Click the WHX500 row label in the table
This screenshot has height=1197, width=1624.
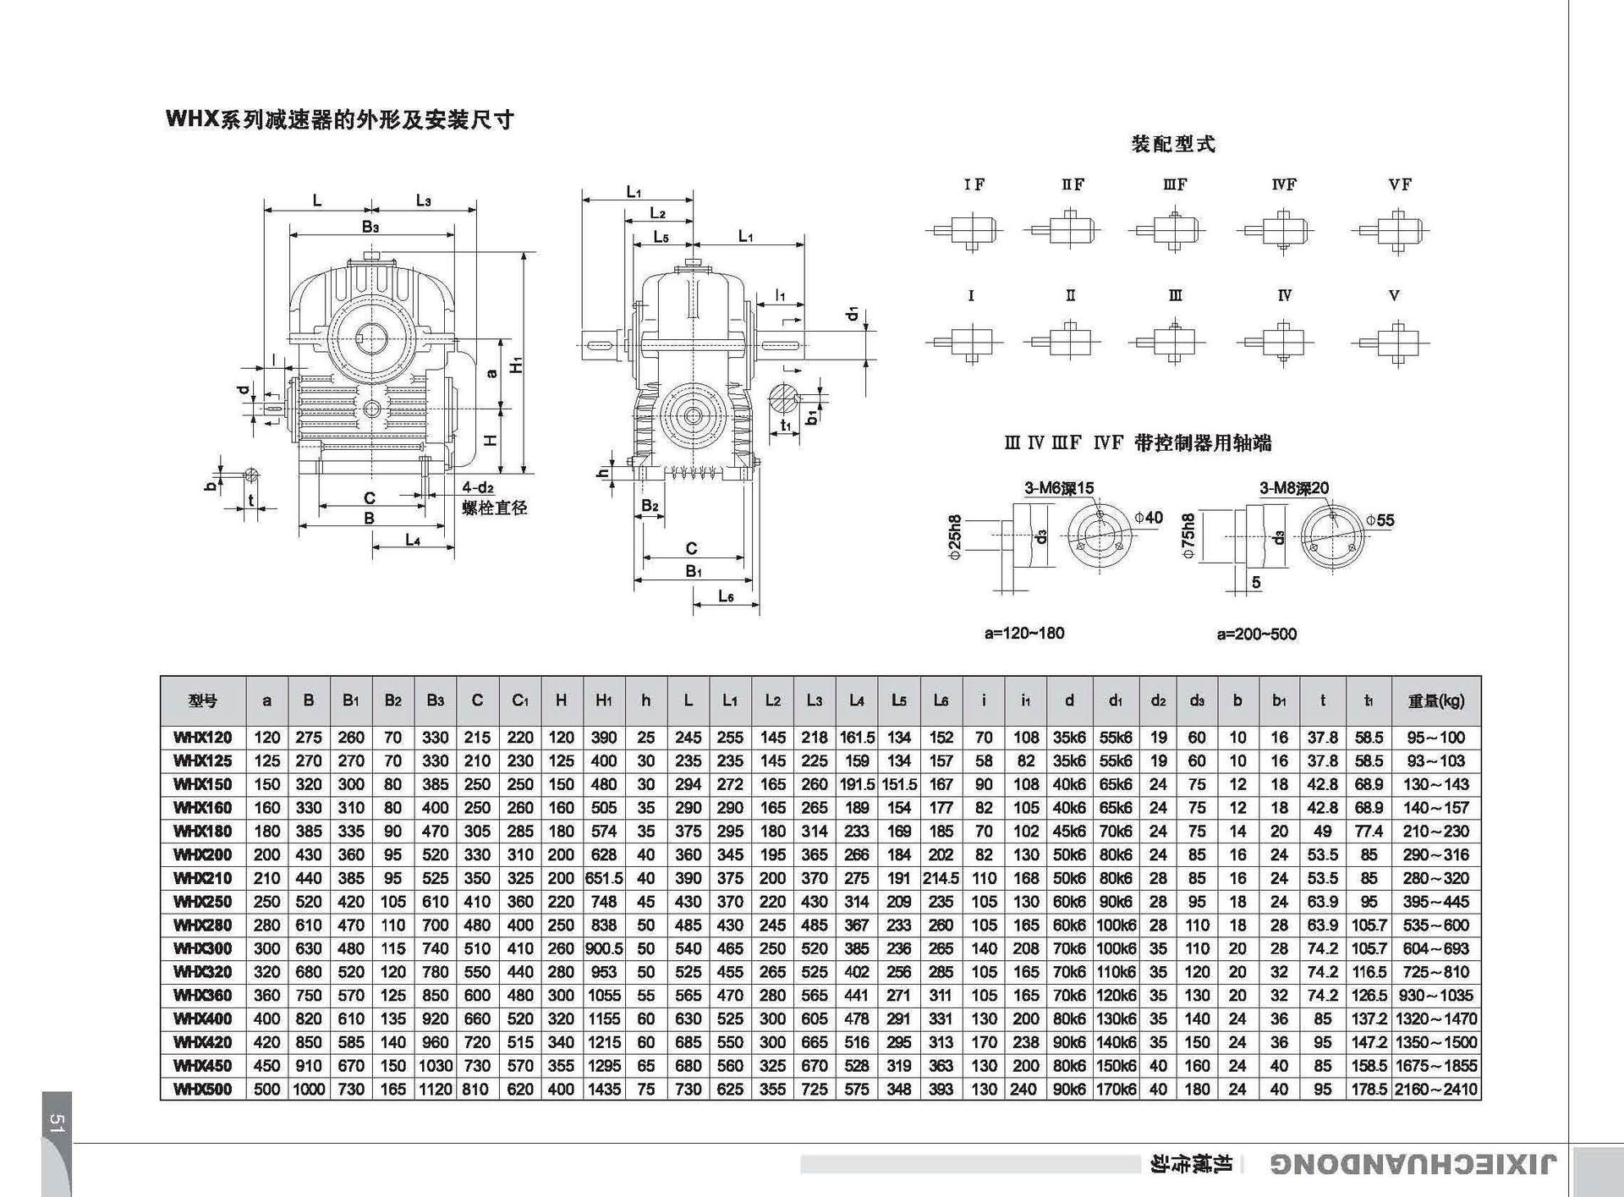203,1089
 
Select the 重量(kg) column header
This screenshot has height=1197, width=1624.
1435,700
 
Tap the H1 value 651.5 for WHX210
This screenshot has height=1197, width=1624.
604,878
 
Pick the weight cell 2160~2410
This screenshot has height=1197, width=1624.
1435,1089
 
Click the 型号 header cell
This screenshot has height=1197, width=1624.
203,700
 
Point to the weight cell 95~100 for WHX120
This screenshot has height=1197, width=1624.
1435,738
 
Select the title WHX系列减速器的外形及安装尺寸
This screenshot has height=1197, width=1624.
340,119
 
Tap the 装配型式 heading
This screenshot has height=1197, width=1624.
1173,144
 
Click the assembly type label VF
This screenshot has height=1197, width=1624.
1400,184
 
